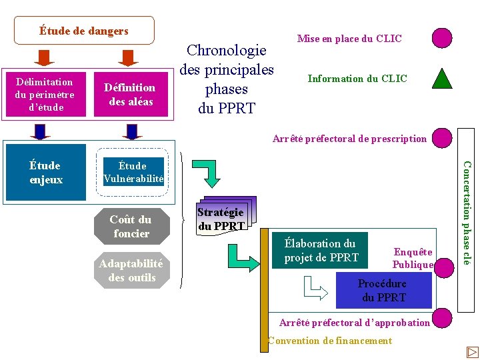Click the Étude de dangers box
[84, 31]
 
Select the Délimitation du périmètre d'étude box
[44, 95]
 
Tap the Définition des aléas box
[131, 95]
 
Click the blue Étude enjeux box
[46, 172]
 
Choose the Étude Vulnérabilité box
[133, 172]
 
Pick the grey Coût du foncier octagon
[131, 227]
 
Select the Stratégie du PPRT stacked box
[221, 219]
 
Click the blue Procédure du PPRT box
[383, 291]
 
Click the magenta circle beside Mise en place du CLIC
[441, 37]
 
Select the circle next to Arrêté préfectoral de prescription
[441, 138]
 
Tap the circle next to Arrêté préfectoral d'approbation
[441, 319]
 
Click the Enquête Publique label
[413, 258]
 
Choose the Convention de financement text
[330, 341]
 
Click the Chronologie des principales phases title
[227, 79]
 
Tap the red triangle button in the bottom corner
[472, 351]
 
